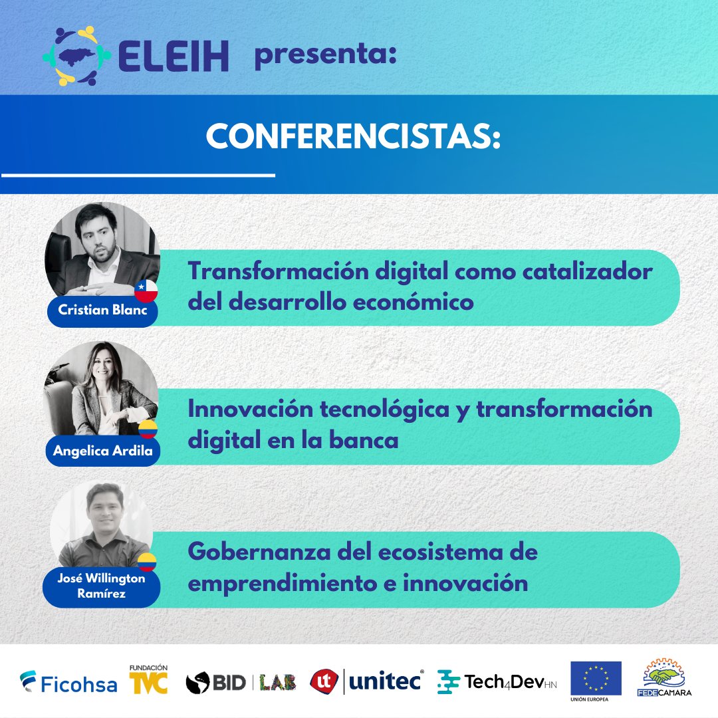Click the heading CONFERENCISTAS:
coord(353,136)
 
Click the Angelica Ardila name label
coord(103,451)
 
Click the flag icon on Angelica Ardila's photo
coord(148,429)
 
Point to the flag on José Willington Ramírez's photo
coord(147,562)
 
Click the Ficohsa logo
coord(68,683)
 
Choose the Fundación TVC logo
coord(148,679)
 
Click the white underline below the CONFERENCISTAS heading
coord(138,175)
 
